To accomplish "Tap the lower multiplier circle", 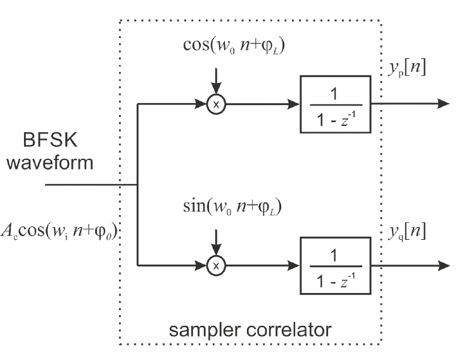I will coord(215,266).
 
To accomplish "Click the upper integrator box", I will coord(335,104).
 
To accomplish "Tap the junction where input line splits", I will coord(137,185).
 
